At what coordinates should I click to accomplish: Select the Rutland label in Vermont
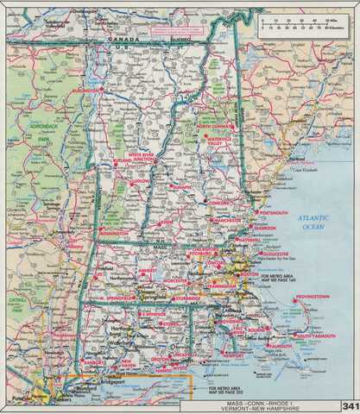(120, 160)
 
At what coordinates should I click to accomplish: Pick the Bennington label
(113, 233)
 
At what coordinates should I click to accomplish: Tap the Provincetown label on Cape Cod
(312, 297)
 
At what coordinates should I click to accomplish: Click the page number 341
(349, 405)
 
